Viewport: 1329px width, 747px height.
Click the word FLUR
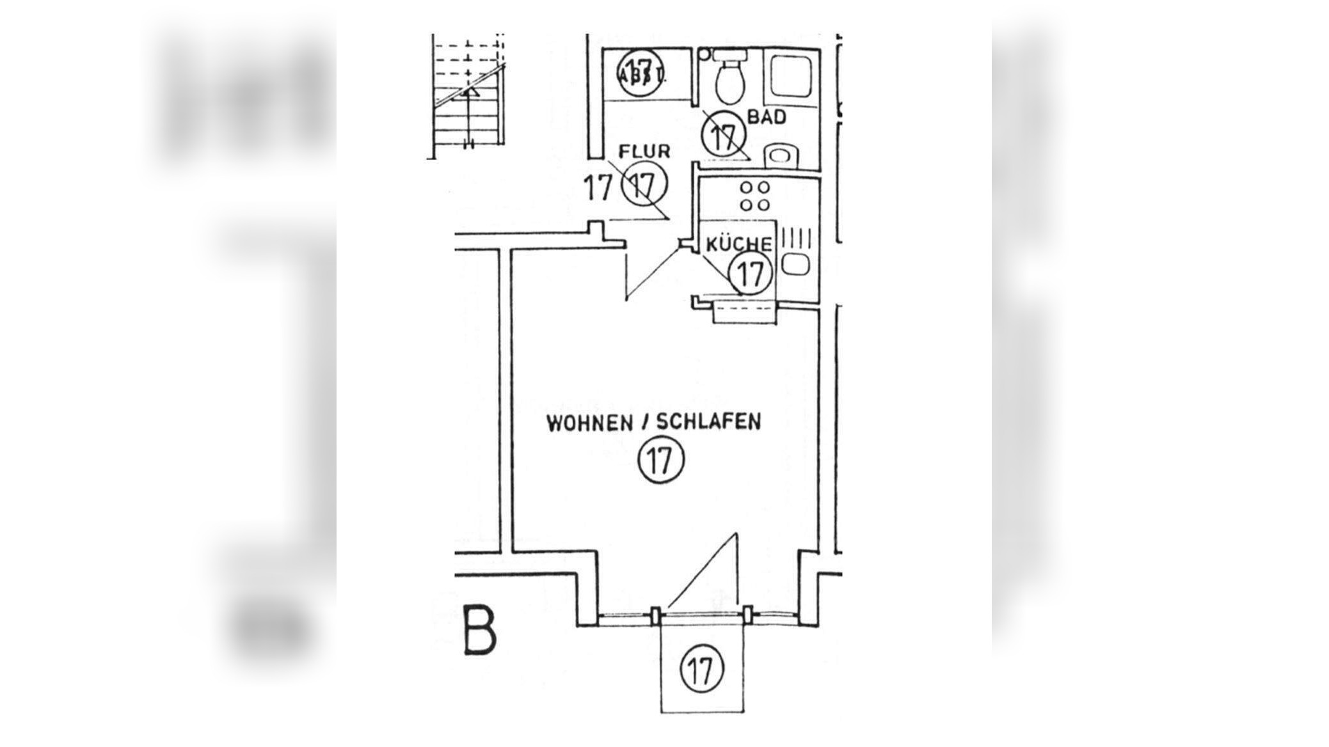644,152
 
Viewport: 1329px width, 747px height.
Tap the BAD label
767,118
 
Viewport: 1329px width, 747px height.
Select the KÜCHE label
739,244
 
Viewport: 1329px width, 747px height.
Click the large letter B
479,633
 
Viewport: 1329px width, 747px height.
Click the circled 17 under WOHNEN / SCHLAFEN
661,460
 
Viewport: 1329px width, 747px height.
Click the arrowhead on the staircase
470,92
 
